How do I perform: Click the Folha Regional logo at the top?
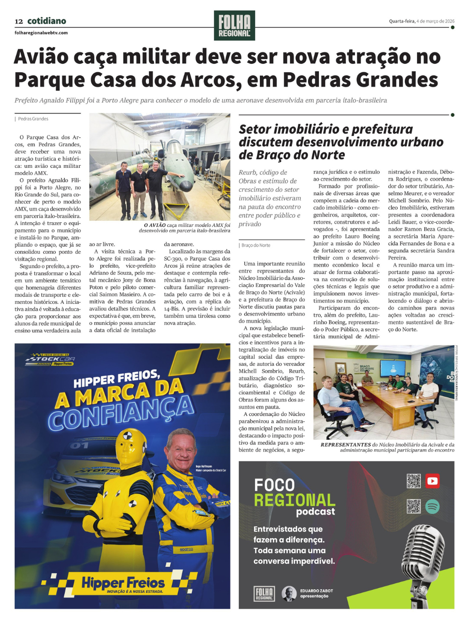pos(234,25)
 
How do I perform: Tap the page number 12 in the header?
pos(19,21)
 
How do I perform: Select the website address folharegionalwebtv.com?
pos(41,33)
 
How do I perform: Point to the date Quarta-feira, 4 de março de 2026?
pos(422,21)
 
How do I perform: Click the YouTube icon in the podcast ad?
pos(432,481)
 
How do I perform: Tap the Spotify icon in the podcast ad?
pos(432,506)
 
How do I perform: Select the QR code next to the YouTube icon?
pos(414,481)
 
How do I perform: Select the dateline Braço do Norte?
pos(256,245)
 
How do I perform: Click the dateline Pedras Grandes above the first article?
pos(33,119)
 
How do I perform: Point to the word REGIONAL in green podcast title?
pos(295,500)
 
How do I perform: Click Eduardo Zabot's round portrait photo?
pos(288,593)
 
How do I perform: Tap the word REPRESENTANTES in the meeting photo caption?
pos(346,445)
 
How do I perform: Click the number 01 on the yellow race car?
pos(80,445)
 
